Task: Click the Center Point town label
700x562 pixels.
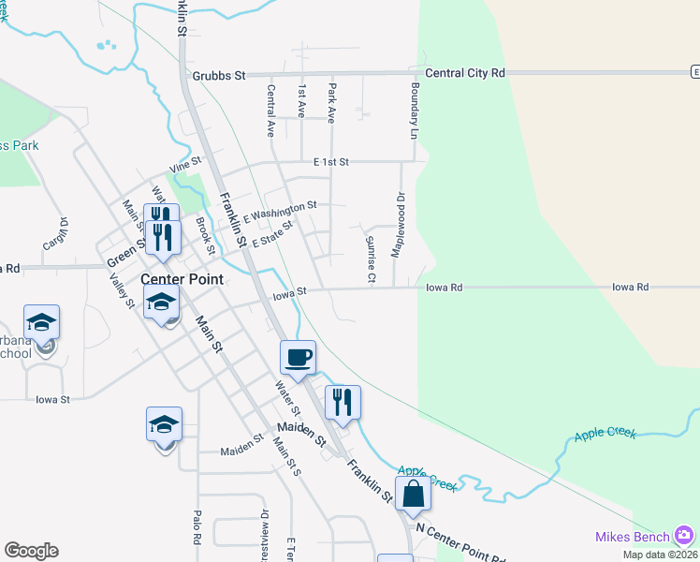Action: (x=182, y=279)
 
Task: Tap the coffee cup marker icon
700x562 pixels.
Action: (x=298, y=357)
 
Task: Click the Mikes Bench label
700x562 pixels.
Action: (x=633, y=537)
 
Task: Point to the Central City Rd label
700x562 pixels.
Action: (x=464, y=73)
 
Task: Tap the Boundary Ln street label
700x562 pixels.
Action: (x=413, y=111)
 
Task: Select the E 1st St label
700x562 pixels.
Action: (x=331, y=162)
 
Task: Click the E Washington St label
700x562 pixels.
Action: (x=280, y=213)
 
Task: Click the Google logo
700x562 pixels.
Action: (x=31, y=551)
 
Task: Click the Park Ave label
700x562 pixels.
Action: (x=331, y=104)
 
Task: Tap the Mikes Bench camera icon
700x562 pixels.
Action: (x=685, y=535)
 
